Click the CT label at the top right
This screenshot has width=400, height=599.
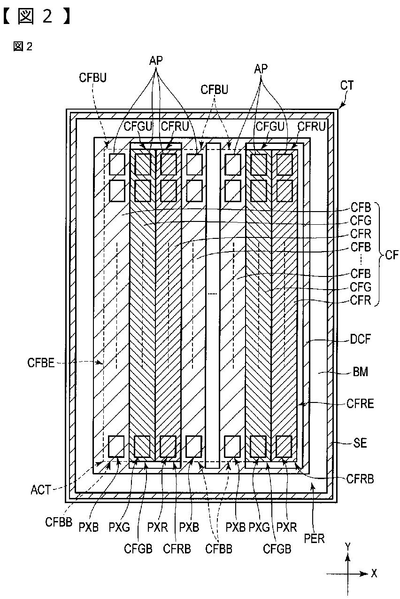(346, 85)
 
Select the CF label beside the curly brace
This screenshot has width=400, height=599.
(392, 255)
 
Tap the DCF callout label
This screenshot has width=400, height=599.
(360, 339)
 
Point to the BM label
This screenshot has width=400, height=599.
(360, 371)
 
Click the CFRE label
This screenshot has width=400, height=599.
(360, 403)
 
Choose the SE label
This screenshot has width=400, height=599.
(360, 443)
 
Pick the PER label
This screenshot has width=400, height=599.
(314, 538)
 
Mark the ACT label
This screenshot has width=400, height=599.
(40, 490)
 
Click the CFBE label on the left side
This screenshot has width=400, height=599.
(41, 363)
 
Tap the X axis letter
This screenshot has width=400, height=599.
(374, 573)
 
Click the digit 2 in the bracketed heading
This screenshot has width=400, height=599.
(47, 16)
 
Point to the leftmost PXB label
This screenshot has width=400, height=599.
(88, 527)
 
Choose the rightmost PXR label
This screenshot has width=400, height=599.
(286, 527)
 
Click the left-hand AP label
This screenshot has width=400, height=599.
(156, 61)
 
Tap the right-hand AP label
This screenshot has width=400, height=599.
(261, 69)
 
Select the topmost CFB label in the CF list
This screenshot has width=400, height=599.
(361, 207)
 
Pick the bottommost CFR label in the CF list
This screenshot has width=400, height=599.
(361, 300)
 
